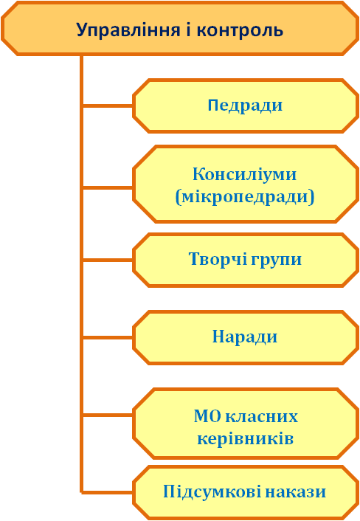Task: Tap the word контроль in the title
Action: click(x=240, y=30)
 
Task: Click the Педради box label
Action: click(x=245, y=106)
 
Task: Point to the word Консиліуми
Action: click(x=244, y=173)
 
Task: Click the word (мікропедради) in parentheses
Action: click(x=245, y=197)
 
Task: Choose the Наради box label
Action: click(x=245, y=337)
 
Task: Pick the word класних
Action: click(x=262, y=417)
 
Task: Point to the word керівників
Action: click(x=246, y=438)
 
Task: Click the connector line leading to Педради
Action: click(x=108, y=106)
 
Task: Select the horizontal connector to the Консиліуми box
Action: click(x=108, y=187)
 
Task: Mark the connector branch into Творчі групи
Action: click(x=108, y=260)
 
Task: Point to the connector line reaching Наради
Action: click(x=108, y=337)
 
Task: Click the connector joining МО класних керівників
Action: click(x=108, y=415)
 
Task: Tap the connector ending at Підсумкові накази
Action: click(x=108, y=491)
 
